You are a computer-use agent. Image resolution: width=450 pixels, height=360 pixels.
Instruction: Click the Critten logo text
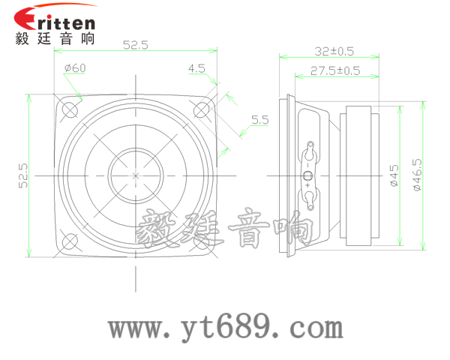tap(55, 17)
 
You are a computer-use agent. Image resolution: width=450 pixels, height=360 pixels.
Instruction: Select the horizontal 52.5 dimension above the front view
tap(136, 46)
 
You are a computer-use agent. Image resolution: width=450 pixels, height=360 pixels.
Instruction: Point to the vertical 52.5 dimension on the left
tap(23, 175)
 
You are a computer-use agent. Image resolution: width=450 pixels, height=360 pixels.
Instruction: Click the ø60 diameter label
tap(75, 68)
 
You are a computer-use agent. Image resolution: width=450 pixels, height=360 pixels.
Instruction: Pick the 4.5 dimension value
tap(196, 68)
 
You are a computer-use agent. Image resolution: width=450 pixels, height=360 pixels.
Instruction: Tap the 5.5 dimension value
tap(259, 119)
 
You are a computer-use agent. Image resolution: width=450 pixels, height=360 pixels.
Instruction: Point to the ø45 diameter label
tap(394, 175)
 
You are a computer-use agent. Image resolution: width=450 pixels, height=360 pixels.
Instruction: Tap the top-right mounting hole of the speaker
tap(202, 109)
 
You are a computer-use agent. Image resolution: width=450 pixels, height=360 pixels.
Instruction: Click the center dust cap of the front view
tap(136, 175)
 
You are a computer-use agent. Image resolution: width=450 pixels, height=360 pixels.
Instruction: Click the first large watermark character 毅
tap(157, 229)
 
